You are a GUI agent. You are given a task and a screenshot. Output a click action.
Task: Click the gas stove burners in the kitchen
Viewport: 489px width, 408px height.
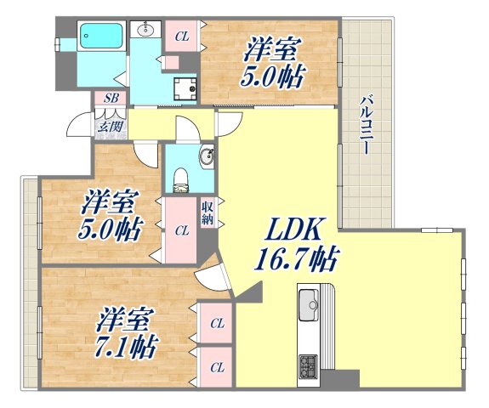click(307, 367)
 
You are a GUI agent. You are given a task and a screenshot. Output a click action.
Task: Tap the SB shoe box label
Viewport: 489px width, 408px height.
click(111, 99)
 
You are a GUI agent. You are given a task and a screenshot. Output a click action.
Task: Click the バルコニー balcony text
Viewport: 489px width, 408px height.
click(364, 124)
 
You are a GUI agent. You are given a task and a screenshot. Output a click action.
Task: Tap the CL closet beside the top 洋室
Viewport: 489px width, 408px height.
click(181, 36)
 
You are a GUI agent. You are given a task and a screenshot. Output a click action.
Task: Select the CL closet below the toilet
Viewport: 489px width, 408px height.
click(181, 229)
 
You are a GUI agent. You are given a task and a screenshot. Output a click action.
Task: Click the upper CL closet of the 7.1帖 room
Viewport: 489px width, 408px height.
click(217, 323)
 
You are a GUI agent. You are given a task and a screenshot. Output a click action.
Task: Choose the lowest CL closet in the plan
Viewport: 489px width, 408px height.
click(217, 367)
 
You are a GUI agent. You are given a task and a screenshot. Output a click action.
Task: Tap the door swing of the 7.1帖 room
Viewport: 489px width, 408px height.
click(211, 280)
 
